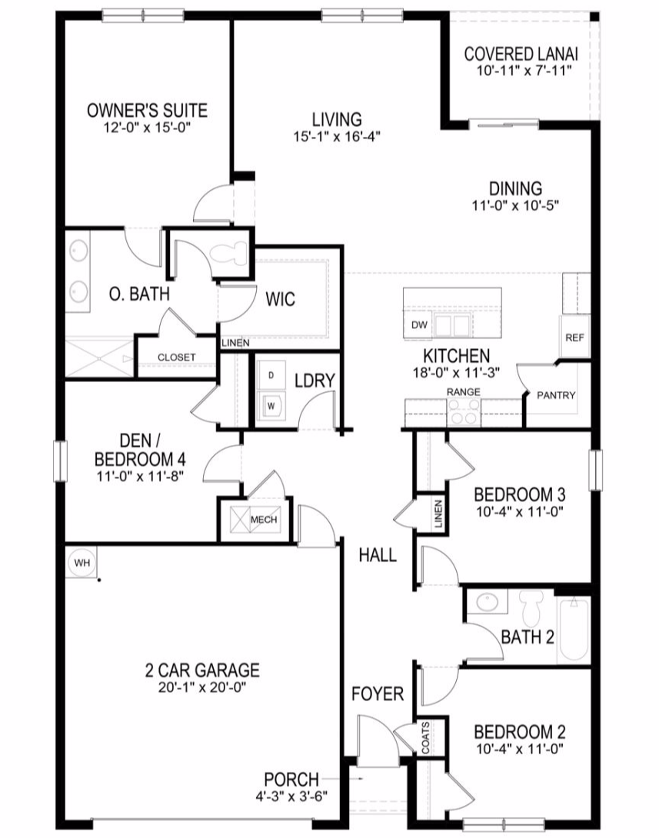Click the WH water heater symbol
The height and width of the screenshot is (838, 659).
pos(82,562)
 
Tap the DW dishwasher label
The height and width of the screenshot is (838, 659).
pos(419,324)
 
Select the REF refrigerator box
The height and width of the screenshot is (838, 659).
pos(574,337)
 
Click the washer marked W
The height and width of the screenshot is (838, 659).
pos(271,406)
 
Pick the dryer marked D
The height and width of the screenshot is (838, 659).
pos(271,376)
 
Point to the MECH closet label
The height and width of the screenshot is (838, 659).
pos(264,520)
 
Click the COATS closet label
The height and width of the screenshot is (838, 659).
pos(425,738)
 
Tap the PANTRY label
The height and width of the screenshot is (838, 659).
pos(556,395)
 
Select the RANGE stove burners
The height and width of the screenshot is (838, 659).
pos(464,414)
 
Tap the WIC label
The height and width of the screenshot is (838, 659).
pos(280,299)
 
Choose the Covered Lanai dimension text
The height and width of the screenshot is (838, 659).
pos(524,71)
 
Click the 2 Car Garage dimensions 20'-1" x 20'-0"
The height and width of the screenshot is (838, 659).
pos(202,687)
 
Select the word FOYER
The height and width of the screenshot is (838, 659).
pos(378,694)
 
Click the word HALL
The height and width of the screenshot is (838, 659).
pos(378,555)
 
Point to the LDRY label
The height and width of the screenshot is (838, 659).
pos(315,381)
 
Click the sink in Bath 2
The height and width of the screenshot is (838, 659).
pos(487,602)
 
